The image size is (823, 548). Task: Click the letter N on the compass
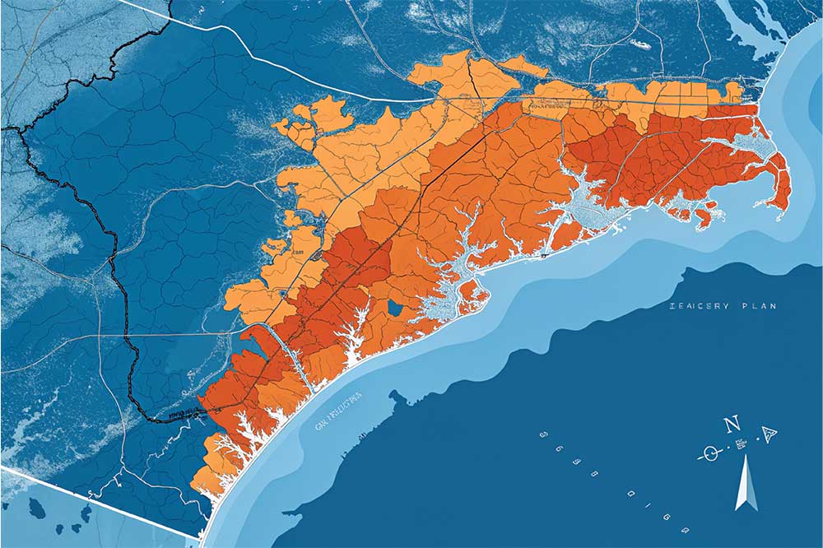729,425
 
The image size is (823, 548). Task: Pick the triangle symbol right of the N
770,435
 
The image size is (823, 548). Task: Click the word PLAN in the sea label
759,306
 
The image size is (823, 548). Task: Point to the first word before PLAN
699,306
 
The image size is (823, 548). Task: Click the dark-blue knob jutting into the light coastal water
398,398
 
